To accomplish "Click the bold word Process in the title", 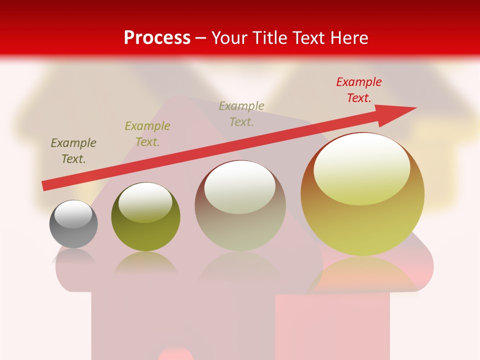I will point(157,38).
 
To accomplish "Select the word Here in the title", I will point(348,38).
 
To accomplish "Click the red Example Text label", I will point(358,90).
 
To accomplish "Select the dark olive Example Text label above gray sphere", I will point(73,151).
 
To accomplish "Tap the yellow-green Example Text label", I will point(147,134).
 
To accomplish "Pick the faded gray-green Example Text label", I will point(241,113).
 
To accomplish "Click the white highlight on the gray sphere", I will point(73,214).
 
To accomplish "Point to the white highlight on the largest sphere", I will point(361,169).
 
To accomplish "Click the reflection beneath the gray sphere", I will point(74,257).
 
